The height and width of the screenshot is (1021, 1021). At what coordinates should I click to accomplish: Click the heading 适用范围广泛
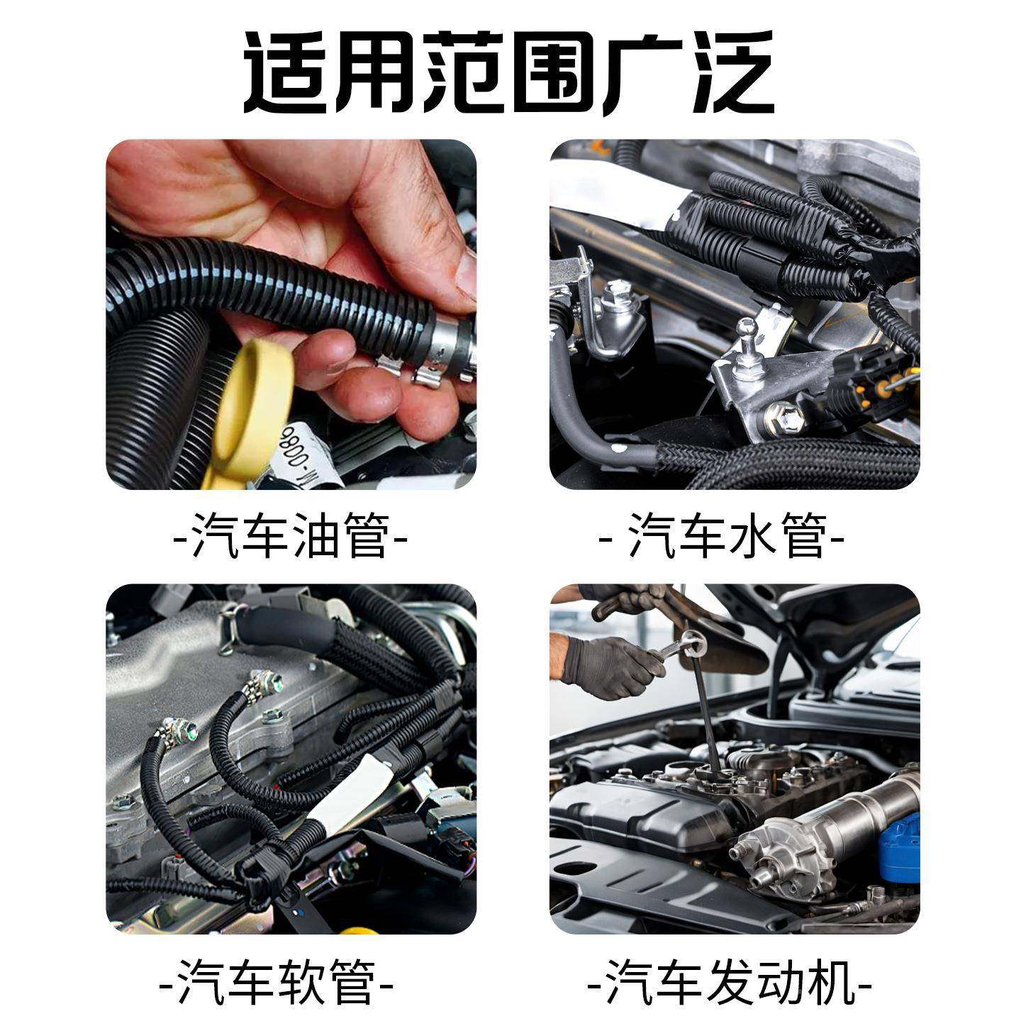508,74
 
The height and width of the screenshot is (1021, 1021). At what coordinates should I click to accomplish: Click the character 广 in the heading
642,74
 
